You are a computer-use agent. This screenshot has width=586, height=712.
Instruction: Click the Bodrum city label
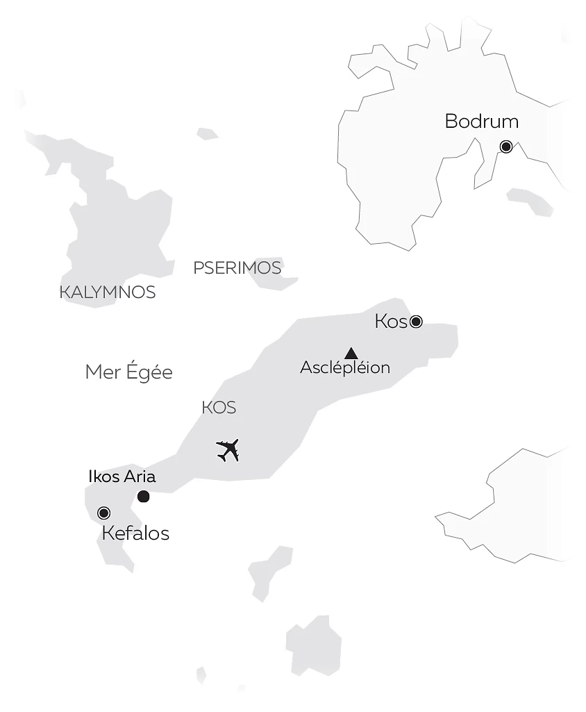tap(481, 122)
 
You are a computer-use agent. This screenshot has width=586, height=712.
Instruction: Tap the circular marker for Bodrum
tap(506, 147)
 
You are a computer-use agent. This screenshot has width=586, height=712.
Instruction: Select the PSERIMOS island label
tap(237, 268)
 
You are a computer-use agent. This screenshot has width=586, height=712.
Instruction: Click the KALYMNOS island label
tap(108, 292)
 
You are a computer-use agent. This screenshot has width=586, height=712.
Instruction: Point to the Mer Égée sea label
tap(128, 372)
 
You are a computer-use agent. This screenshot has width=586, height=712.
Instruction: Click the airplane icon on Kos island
tap(228, 450)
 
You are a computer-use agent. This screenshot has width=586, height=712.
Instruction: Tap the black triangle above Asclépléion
tap(351, 353)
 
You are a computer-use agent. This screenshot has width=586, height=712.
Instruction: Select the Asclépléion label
tap(345, 368)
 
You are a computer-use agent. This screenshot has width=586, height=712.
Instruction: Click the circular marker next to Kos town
tap(416, 321)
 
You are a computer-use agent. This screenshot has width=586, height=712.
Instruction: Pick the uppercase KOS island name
tap(219, 408)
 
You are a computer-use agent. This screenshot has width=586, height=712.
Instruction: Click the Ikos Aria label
tap(122, 477)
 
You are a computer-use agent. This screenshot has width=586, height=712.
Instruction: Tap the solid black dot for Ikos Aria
tap(144, 496)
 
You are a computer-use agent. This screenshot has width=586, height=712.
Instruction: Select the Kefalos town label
tap(135, 533)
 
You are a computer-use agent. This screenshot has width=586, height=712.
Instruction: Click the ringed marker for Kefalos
tap(104, 513)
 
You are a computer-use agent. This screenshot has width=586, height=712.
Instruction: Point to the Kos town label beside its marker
tap(390, 322)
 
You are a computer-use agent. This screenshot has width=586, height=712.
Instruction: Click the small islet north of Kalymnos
tap(207, 133)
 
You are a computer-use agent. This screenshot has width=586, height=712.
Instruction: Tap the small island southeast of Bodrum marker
tap(530, 201)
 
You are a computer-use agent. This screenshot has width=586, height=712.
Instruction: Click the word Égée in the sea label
tap(149, 372)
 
